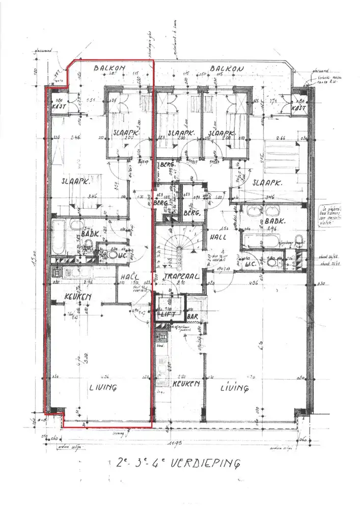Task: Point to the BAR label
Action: [x=192, y=317]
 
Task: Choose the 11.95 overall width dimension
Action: [x=177, y=444]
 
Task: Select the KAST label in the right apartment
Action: [x=298, y=108]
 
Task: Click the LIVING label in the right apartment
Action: [x=235, y=388]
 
